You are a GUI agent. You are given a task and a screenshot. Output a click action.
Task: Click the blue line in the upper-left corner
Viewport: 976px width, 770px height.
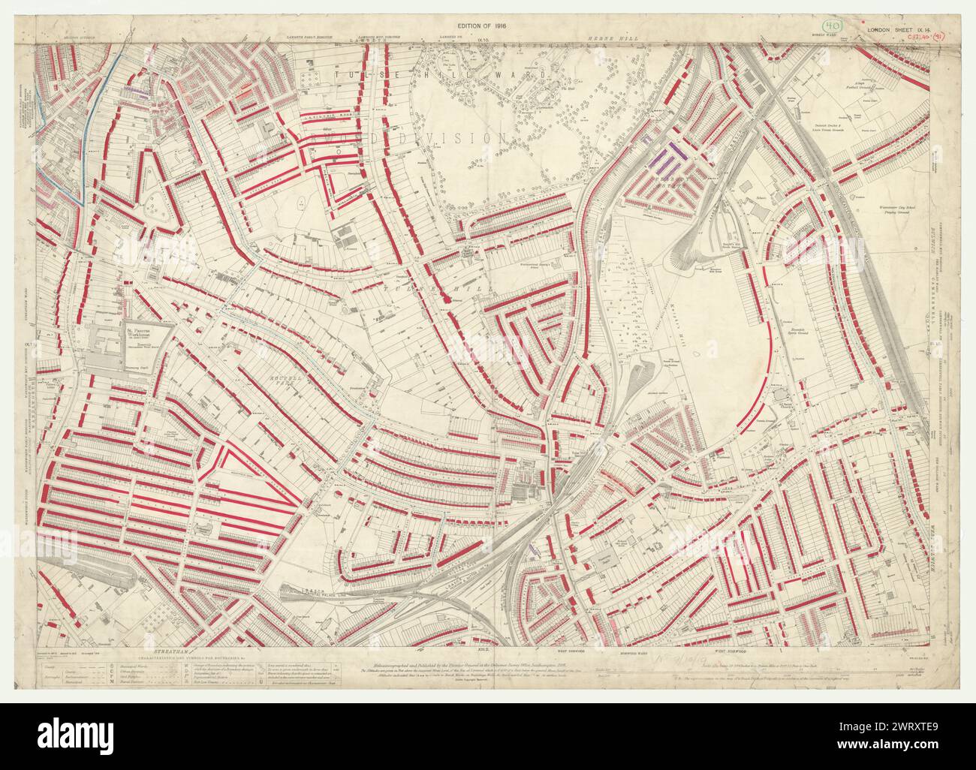96,113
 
